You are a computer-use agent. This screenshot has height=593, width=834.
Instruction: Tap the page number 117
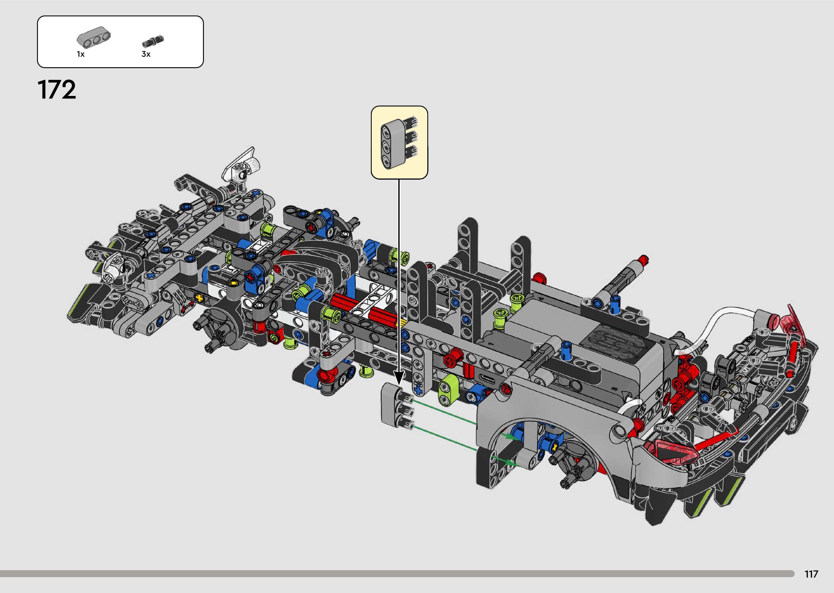pyautogui.click(x=811, y=574)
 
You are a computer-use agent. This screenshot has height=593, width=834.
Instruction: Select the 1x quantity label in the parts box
pyautogui.click(x=81, y=54)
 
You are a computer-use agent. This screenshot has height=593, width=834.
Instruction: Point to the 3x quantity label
pyautogui.click(x=146, y=54)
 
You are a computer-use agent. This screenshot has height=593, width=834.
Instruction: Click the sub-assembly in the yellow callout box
pyautogui.click(x=399, y=142)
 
